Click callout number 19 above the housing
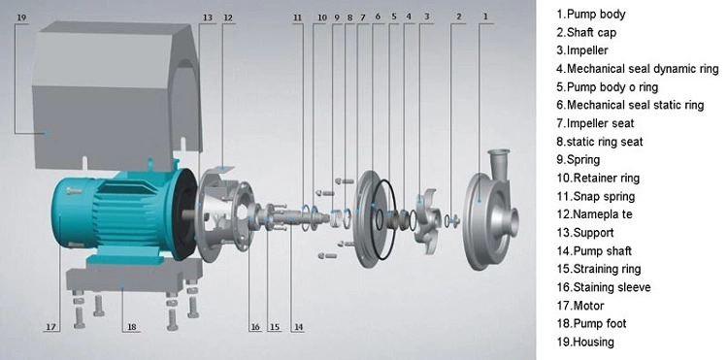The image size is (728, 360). [21, 17]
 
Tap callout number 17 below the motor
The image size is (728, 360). [51, 327]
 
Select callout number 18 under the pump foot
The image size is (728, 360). [132, 327]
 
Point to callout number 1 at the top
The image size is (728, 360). [485, 16]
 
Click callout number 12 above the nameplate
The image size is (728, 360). [227, 17]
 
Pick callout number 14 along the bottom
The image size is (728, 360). [299, 327]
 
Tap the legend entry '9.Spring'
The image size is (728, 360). [579, 159]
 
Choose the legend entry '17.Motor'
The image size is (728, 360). [580, 306]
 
